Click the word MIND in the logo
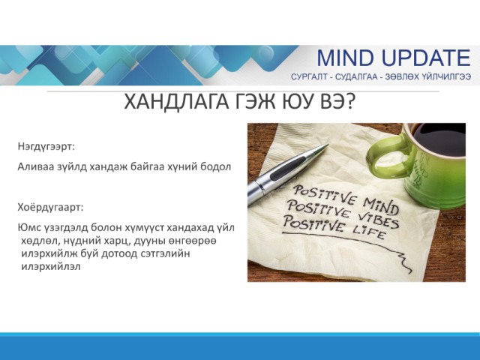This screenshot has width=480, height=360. pyautogui.click(x=346, y=58)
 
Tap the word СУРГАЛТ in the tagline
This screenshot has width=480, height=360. pyautogui.click(x=309, y=76)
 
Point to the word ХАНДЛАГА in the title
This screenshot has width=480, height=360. pyautogui.click(x=176, y=102)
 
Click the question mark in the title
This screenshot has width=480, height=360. pyautogui.click(x=349, y=102)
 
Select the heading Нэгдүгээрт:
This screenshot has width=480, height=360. pyautogui.click(x=46, y=146)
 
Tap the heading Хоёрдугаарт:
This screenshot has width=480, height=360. pyautogui.click(x=50, y=207)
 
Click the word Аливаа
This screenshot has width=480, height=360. pyautogui.click(x=34, y=166)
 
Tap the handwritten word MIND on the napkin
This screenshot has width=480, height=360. pyautogui.click(x=381, y=205)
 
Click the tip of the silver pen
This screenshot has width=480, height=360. pyautogui.click(x=328, y=145)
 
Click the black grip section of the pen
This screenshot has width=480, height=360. pyautogui.click(x=287, y=168)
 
